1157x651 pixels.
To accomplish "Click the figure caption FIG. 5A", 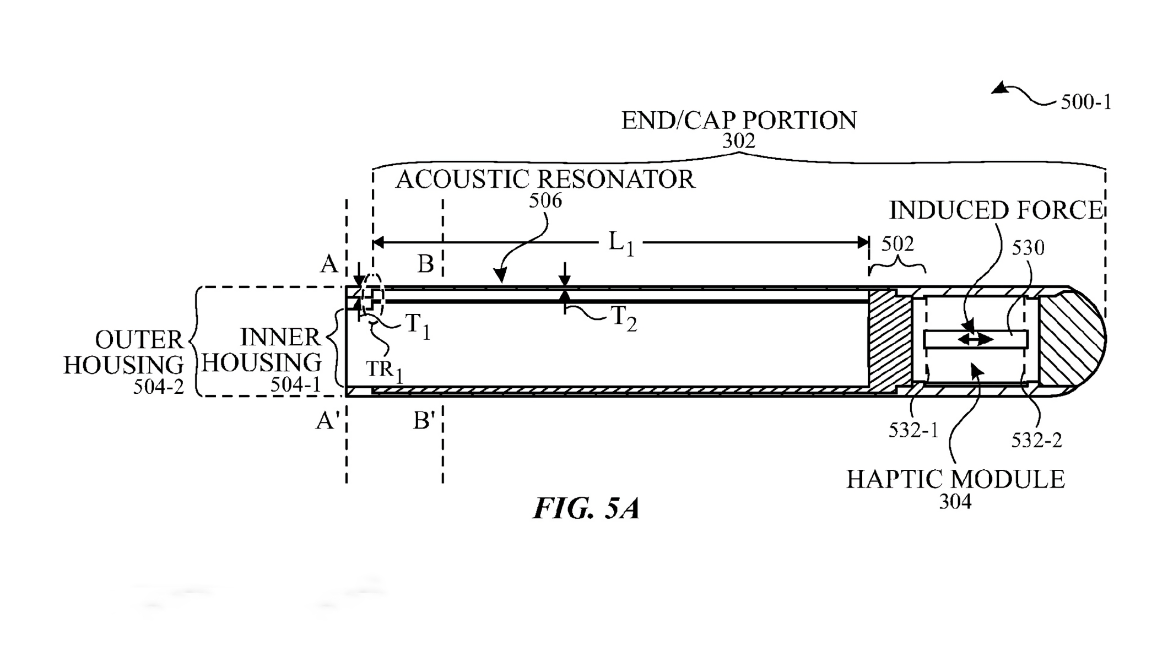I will [x=586, y=508].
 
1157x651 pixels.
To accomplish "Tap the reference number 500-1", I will [x=1086, y=102].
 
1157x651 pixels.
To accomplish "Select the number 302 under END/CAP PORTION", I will [x=738, y=142].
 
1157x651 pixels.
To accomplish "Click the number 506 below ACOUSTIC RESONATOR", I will [x=545, y=201].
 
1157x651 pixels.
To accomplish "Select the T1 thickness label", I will [x=418, y=326].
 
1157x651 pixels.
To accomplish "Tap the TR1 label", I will [x=385, y=370].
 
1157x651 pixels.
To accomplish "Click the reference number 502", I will [x=897, y=243].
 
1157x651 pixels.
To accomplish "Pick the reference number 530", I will [x=1028, y=248].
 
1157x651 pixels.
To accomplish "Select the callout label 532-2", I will [x=1036, y=440].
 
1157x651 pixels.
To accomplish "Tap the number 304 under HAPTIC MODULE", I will [x=955, y=501].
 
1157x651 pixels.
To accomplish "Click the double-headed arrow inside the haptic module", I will [x=975, y=340].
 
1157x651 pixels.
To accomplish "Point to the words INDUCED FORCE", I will [x=996, y=210].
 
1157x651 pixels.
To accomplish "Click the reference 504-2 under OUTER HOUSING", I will [x=159, y=387].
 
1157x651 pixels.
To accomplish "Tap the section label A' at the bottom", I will [x=327, y=421].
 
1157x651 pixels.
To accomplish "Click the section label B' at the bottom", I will [x=424, y=421].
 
